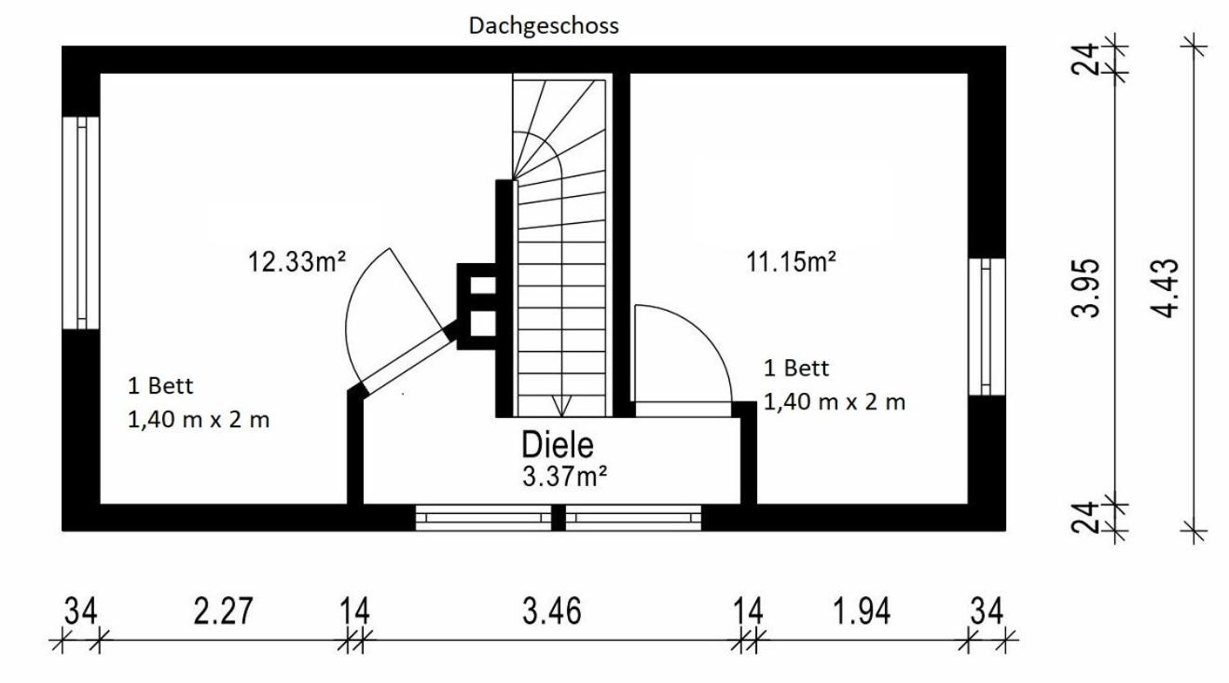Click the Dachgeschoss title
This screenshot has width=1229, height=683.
point(544,26)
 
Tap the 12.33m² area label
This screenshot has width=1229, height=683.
point(297,261)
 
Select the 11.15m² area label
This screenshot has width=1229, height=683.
point(791,261)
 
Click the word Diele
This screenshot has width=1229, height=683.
point(558,445)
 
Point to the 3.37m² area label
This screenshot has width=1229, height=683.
point(564,476)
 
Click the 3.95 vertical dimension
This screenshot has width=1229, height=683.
point(1085,288)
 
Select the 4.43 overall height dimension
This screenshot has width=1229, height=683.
point(1164,288)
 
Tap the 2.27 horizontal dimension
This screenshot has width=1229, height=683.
point(223,611)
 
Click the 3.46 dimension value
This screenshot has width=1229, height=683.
point(551,611)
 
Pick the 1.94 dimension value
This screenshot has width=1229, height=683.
point(862,611)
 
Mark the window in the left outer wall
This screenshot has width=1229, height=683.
point(80,223)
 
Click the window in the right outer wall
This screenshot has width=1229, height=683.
point(987,327)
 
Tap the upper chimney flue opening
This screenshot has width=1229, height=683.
point(483,286)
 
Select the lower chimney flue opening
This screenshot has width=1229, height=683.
point(483,324)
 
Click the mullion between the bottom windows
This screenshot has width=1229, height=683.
point(558,518)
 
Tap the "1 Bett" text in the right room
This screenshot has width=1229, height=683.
point(796,368)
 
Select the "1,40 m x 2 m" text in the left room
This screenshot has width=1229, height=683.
point(199,420)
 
